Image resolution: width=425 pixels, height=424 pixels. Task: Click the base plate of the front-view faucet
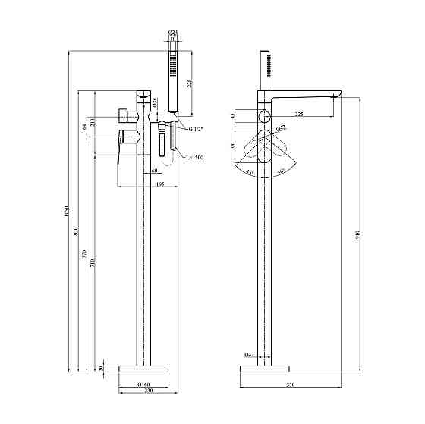click(x=143, y=367)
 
